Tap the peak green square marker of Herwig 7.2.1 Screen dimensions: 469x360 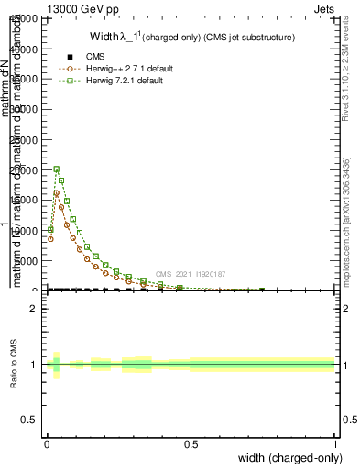click(57, 169)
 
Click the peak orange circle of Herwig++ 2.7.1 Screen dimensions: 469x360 click(57, 193)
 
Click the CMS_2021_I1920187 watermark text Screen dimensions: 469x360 click(191, 274)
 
